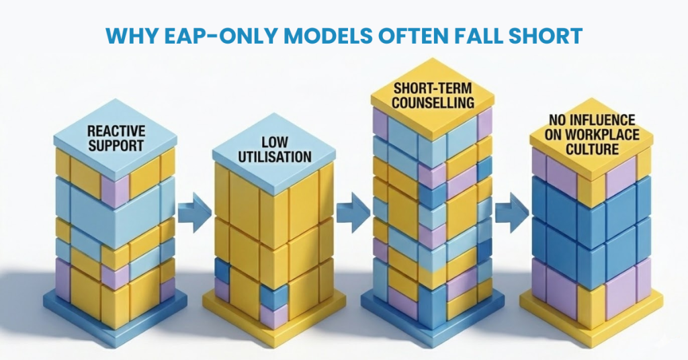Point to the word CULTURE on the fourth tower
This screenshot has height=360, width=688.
[583, 148]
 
